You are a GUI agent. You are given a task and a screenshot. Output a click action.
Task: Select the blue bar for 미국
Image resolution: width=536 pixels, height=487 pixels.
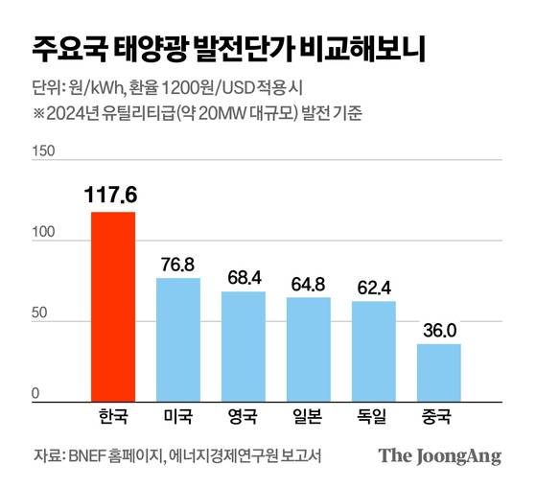(177, 336)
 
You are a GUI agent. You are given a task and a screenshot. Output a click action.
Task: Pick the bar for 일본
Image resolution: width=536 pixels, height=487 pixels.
(308, 346)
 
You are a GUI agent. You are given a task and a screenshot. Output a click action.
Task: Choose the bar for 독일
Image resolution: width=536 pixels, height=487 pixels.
(373, 348)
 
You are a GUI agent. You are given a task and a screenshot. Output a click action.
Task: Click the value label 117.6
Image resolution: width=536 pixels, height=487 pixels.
(112, 196)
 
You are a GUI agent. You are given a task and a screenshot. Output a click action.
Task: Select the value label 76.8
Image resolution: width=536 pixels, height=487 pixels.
(177, 263)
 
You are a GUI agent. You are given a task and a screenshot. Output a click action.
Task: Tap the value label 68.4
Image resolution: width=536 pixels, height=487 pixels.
(243, 276)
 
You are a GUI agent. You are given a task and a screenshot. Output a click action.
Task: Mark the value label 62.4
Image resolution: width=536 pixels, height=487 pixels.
(373, 286)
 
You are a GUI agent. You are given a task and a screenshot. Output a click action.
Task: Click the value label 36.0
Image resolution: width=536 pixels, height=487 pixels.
(438, 329)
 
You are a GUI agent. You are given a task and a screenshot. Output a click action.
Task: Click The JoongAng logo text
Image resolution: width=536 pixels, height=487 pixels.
(439, 455)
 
